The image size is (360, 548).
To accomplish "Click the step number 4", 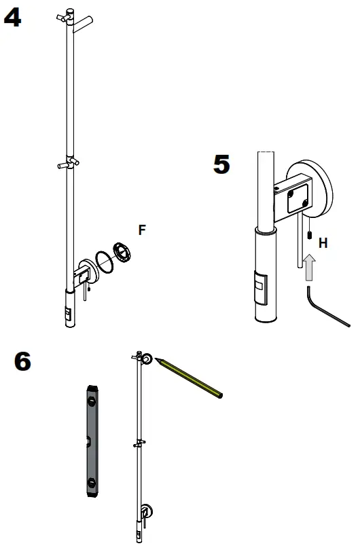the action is click(12, 18).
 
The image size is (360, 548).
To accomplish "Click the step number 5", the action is click(221, 164).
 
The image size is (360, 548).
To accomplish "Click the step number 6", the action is click(22, 361).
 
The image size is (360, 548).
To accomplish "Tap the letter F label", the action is click(142, 230).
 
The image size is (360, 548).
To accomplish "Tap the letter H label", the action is click(323, 243).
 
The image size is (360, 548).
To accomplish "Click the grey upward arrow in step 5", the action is click(309, 268).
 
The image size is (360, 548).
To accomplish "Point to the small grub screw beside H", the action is click(309, 235).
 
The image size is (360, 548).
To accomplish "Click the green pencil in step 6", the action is click(189, 377).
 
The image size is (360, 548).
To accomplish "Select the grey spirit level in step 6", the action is click(92, 441).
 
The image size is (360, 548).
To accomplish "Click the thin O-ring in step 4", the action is click(104, 262).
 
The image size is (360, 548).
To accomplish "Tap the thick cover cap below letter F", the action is click(122, 252).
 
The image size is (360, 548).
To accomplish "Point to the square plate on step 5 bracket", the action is click(298, 198).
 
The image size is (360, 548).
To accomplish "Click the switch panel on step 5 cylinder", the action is click(261, 287).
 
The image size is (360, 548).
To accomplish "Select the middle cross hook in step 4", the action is click(69, 163).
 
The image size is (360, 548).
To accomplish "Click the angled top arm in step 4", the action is click(83, 24).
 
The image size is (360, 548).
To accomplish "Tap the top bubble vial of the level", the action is click(92, 401).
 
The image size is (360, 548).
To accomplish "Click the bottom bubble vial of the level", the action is click(92, 483).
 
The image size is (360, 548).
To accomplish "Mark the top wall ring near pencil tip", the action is click(147, 359).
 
